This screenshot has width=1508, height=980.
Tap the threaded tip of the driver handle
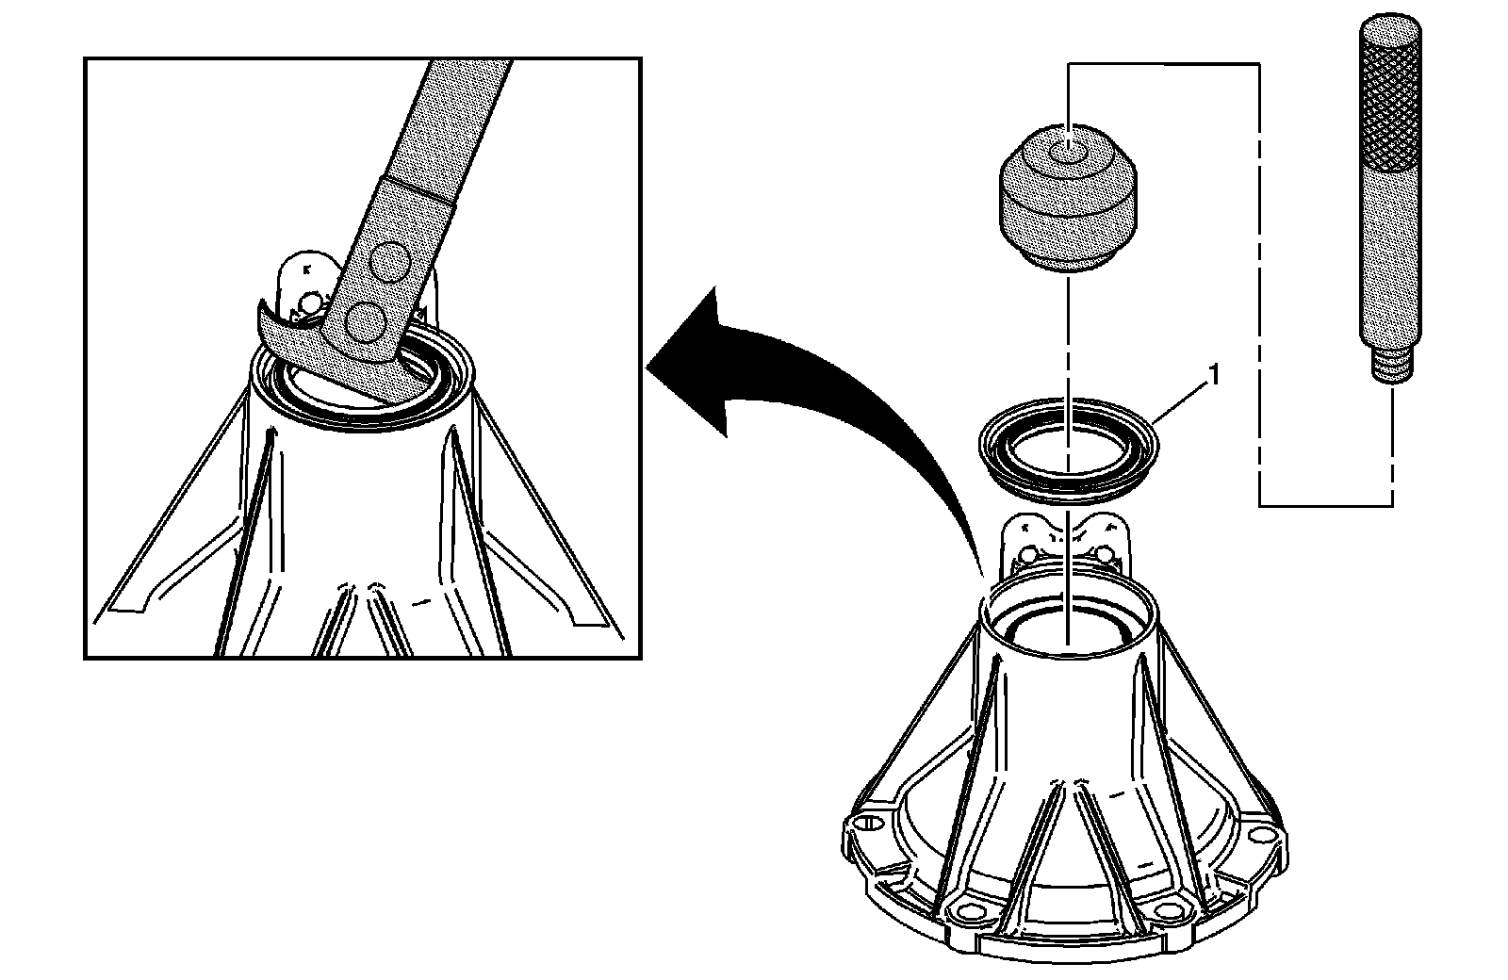(1390, 366)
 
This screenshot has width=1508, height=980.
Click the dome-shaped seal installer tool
(1067, 203)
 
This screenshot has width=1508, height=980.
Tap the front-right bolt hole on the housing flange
(1169, 910)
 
